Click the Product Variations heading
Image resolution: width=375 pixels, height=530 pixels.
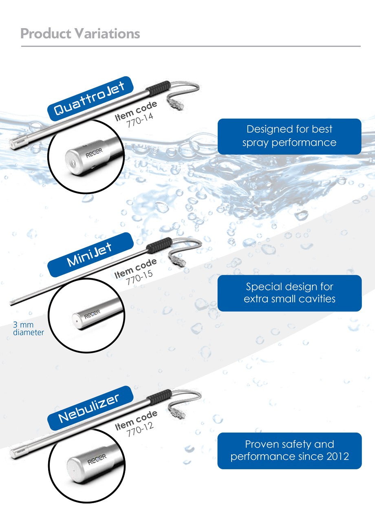(x=80, y=33)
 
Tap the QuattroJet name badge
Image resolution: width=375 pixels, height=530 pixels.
(x=90, y=99)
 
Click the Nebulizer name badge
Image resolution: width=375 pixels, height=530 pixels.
(x=90, y=408)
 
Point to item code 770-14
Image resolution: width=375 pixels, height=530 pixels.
(x=139, y=121)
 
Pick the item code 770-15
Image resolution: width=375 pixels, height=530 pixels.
(x=139, y=278)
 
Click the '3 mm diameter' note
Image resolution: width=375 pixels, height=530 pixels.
(x=28, y=329)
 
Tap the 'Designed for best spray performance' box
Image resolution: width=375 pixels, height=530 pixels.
(x=289, y=136)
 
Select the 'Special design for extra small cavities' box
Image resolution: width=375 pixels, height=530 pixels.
(x=289, y=293)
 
